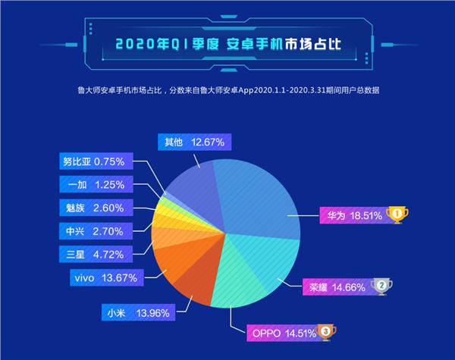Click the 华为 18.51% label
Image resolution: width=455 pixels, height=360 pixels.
[x=351, y=215]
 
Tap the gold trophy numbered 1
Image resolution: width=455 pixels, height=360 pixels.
[x=397, y=215]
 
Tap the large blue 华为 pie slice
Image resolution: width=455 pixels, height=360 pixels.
[x=258, y=189]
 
